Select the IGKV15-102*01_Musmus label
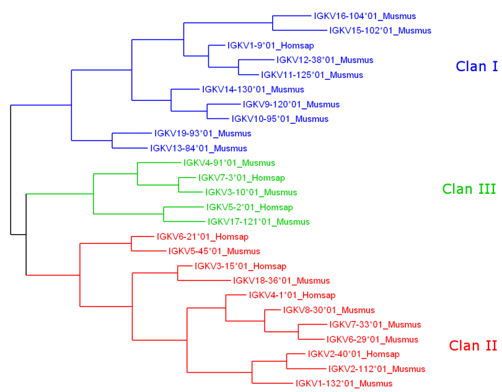click(381, 31)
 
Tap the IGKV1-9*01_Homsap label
click(271, 45)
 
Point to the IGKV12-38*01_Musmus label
click(325, 60)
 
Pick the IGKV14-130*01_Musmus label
click(253, 90)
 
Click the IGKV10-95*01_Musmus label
click(280, 119)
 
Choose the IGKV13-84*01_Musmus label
click(198, 149)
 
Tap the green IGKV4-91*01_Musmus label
click(229, 163)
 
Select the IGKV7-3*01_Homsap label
click(242, 178)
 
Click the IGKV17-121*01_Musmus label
click(258, 222)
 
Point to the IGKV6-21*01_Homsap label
click(202, 237)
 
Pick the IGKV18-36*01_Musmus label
click(281, 281)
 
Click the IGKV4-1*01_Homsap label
click(292, 295)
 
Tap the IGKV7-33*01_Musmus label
click(375, 324)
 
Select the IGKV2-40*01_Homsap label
click(353, 354)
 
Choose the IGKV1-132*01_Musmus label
click(344, 383)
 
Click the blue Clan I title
click(477, 66)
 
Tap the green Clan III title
click(469, 189)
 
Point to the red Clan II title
click(473, 346)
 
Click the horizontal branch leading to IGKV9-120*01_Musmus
click(224, 104)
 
